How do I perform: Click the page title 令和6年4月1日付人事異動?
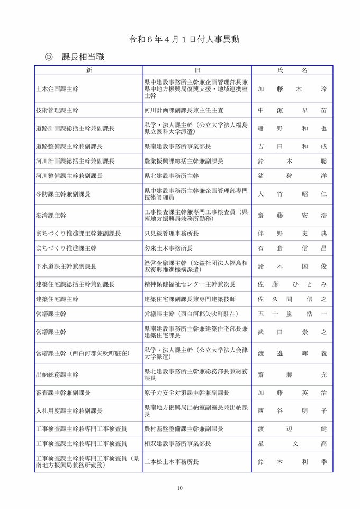pos(179,40)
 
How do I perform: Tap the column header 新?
pos(89,70)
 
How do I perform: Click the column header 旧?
pos(197,70)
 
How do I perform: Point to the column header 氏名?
pos(292,70)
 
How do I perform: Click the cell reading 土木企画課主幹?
pos(57,90)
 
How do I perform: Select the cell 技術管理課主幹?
pos(57,111)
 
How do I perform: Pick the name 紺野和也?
pos(292,128)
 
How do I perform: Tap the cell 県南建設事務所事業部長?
pos(178,146)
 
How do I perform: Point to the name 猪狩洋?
pos(292,176)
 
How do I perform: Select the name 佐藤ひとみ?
pos(292,284)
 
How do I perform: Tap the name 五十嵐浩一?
pos(292,314)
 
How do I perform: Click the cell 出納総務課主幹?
pos(57,374)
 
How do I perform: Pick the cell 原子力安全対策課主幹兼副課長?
pos(187,393)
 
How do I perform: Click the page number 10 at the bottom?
pos(180,488)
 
